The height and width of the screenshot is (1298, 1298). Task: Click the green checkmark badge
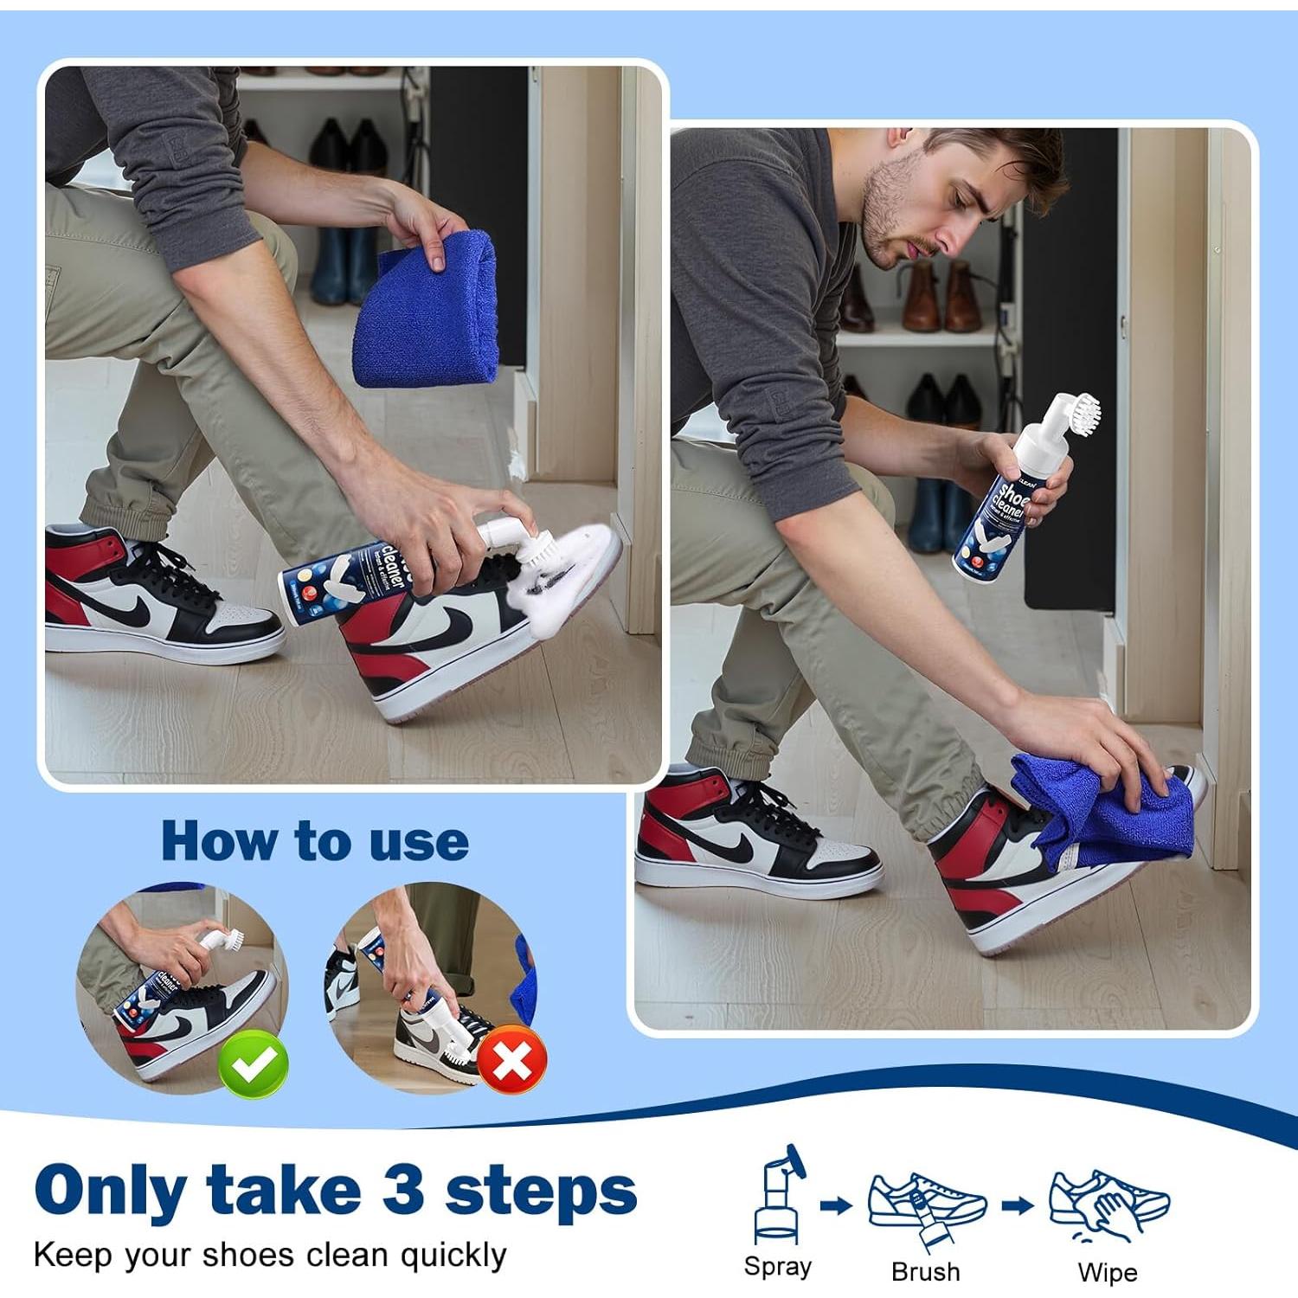(253, 1065)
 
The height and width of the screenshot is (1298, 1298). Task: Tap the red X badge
(511, 1061)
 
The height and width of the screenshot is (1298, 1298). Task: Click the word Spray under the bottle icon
(777, 1267)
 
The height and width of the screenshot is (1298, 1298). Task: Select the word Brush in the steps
(925, 1271)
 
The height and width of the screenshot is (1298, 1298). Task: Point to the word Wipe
(1107, 1272)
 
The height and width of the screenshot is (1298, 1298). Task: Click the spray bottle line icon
(779, 1194)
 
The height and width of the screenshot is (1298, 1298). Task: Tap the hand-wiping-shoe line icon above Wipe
(1108, 1203)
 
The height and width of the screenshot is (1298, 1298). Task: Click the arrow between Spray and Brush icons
(836, 1205)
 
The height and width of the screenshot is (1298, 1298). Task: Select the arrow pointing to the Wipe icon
(1018, 1205)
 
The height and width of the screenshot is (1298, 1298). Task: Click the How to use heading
(315, 840)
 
